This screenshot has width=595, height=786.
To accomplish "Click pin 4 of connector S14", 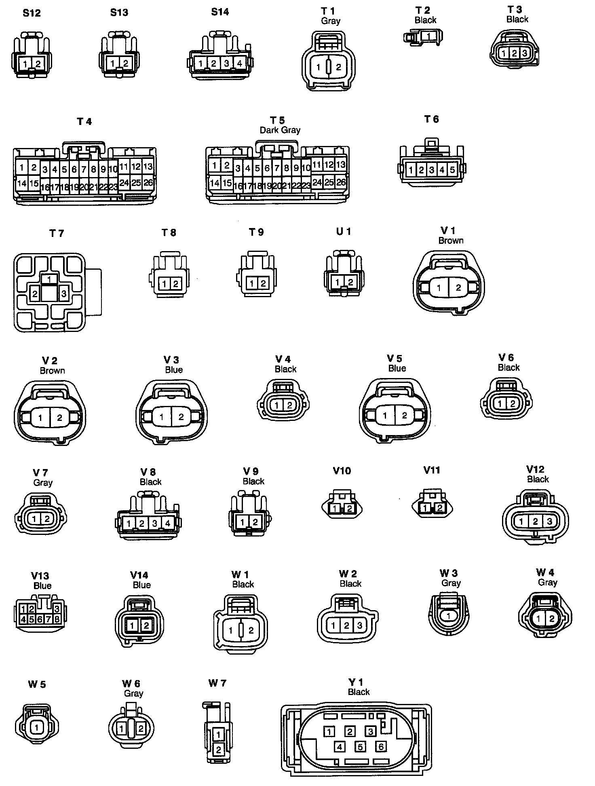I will pos(240,63).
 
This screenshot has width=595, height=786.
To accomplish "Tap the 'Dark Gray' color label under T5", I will pos(280,130).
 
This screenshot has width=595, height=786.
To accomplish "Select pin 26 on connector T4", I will pos(148,183).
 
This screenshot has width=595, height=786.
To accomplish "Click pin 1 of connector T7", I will pos(49,279).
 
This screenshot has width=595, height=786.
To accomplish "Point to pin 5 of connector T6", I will pos(452,170).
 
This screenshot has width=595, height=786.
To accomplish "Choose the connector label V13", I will pos(40,576).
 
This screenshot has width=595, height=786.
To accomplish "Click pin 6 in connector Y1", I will pos(381,746).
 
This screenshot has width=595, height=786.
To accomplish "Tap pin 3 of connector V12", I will pos(549,521).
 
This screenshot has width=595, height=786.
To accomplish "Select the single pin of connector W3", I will pos(448,616).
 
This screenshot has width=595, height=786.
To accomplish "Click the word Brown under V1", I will pos(451,241).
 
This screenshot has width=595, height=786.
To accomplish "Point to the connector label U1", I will pos(343,232).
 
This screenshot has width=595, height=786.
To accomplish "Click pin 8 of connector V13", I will pos(57,619).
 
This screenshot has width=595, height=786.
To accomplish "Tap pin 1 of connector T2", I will pos(429,36).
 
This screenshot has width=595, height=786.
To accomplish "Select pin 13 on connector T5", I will pos(341,164).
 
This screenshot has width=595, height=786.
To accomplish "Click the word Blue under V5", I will pos(397,368).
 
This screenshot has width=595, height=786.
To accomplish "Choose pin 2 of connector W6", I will pos(141,729).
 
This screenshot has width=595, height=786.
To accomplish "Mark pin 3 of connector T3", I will pos(524,53).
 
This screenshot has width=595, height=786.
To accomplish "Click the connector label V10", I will pos(342,471).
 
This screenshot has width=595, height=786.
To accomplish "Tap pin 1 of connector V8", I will pos(129,524).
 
